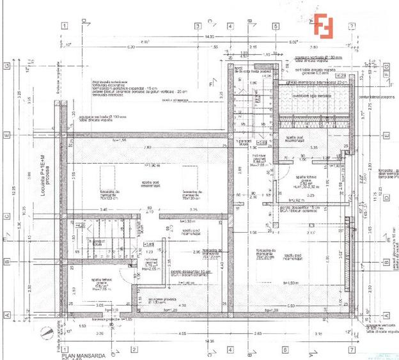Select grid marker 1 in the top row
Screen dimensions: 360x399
tap(65, 26)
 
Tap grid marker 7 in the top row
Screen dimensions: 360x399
tap(351, 26)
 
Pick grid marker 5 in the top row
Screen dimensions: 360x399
tap(275, 26)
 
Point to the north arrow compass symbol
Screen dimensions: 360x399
tap(45, 333)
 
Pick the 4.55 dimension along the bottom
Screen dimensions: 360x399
tap(182, 333)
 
